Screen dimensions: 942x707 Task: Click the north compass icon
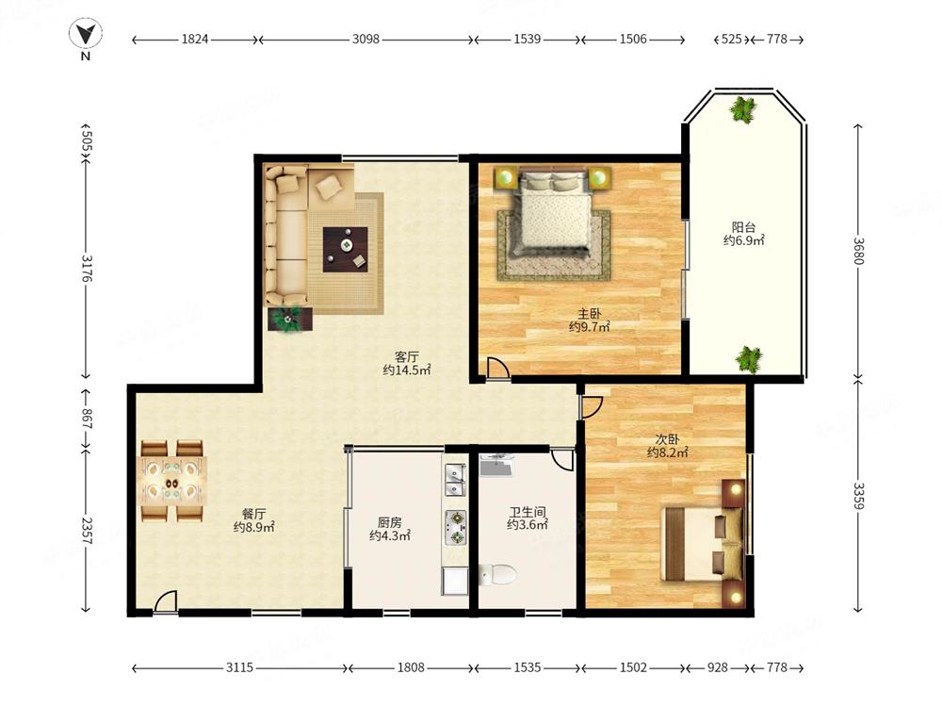click(x=86, y=35)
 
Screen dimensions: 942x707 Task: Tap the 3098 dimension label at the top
click(x=365, y=39)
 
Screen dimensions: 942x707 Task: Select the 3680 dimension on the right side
click(x=858, y=252)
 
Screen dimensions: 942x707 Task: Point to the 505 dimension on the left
click(x=86, y=142)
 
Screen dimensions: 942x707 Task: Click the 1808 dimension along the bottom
click(x=411, y=667)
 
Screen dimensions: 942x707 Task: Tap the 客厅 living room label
click(x=407, y=357)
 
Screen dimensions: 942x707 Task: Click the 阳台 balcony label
click(x=743, y=227)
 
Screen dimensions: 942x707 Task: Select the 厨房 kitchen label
click(x=390, y=522)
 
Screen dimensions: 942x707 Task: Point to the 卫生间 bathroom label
click(x=528, y=512)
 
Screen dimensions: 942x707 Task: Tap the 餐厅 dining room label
click(x=253, y=514)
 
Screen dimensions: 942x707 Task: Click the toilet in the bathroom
click(x=498, y=575)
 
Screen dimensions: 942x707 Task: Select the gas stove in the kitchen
click(x=455, y=527)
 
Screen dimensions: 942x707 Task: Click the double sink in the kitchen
click(x=455, y=479)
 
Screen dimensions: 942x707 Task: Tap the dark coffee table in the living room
click(x=346, y=250)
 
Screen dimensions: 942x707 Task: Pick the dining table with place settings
click(x=172, y=482)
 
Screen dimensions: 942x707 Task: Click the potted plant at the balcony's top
click(x=744, y=110)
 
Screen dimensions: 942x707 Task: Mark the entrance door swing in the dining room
click(x=165, y=601)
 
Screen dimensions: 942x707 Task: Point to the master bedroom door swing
click(x=497, y=368)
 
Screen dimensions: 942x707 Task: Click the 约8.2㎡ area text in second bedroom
click(x=668, y=452)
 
